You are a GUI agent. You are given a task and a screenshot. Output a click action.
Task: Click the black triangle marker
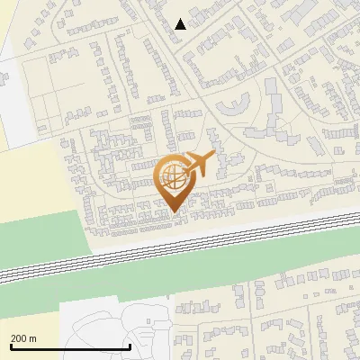[180, 24]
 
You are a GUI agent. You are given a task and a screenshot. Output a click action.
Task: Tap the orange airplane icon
[199, 165]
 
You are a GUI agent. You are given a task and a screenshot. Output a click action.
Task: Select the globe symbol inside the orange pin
[171, 172]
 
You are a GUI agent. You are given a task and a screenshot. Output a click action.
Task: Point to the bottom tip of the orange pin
[172, 211]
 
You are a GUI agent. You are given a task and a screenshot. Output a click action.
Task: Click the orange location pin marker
[172, 180]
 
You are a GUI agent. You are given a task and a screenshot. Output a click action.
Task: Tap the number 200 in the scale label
[18, 338]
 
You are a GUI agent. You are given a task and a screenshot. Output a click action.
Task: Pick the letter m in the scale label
[32, 338]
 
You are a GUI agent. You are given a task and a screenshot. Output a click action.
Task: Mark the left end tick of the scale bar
[10, 346]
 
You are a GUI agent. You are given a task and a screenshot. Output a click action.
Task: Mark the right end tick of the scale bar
[130, 346]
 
